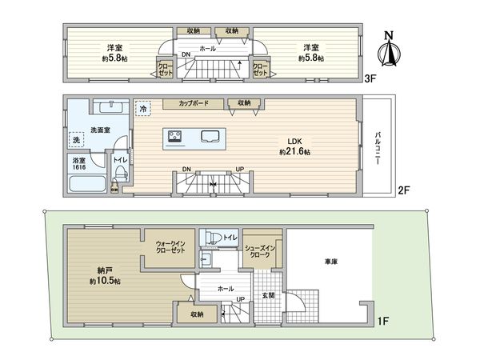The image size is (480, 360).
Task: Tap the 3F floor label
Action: (370, 78)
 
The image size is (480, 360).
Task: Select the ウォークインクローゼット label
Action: (169, 246)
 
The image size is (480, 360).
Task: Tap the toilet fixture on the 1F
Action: (213, 237)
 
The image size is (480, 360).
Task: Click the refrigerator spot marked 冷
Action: (143, 108)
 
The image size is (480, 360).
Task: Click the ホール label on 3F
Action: (207, 49)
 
